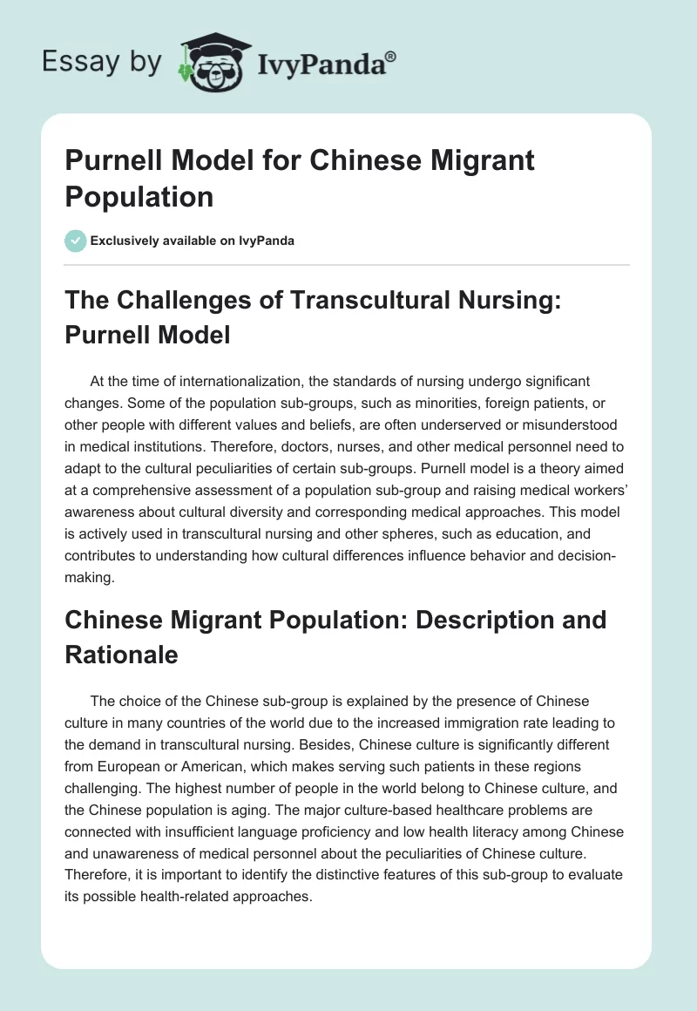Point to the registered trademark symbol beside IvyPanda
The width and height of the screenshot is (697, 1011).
[x=391, y=56]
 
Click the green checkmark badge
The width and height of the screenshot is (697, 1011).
[x=76, y=241]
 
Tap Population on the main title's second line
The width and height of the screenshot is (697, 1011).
[x=139, y=197]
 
